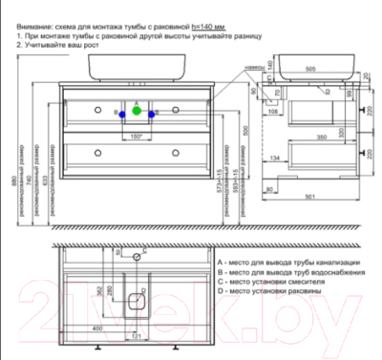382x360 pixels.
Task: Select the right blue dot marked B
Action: [155, 113]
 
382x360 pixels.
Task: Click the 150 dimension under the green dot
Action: [136, 136]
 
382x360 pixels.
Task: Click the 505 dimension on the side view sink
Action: [308, 69]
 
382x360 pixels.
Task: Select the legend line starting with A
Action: [287, 262]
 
